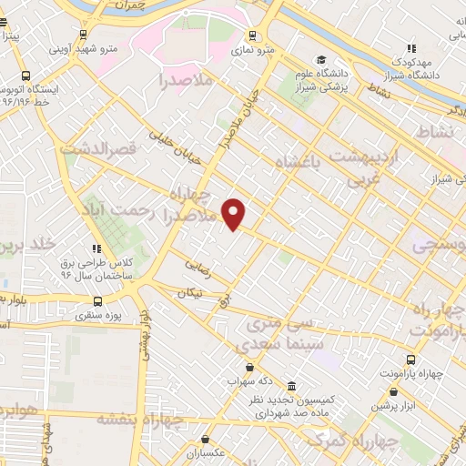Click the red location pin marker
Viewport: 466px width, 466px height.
[x=234, y=213]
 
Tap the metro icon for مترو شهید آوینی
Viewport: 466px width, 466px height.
[x=84, y=35]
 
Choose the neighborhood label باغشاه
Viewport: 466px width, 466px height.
[x=298, y=162]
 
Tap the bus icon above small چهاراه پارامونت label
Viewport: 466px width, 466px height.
[x=411, y=360]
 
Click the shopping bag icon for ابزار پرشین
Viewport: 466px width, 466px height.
[x=393, y=391]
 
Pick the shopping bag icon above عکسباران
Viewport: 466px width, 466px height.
[x=208, y=439]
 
